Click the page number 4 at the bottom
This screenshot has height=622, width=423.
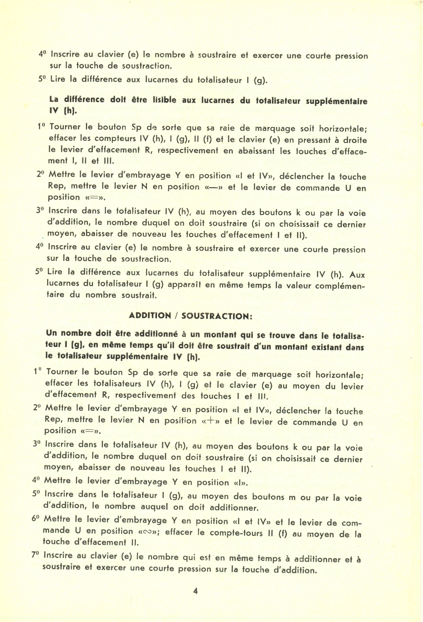pos(196,591)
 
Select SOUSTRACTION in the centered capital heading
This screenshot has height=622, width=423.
pos(216,316)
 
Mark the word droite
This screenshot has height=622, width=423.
pos(353,141)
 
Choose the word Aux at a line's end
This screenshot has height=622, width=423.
pos(357,275)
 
